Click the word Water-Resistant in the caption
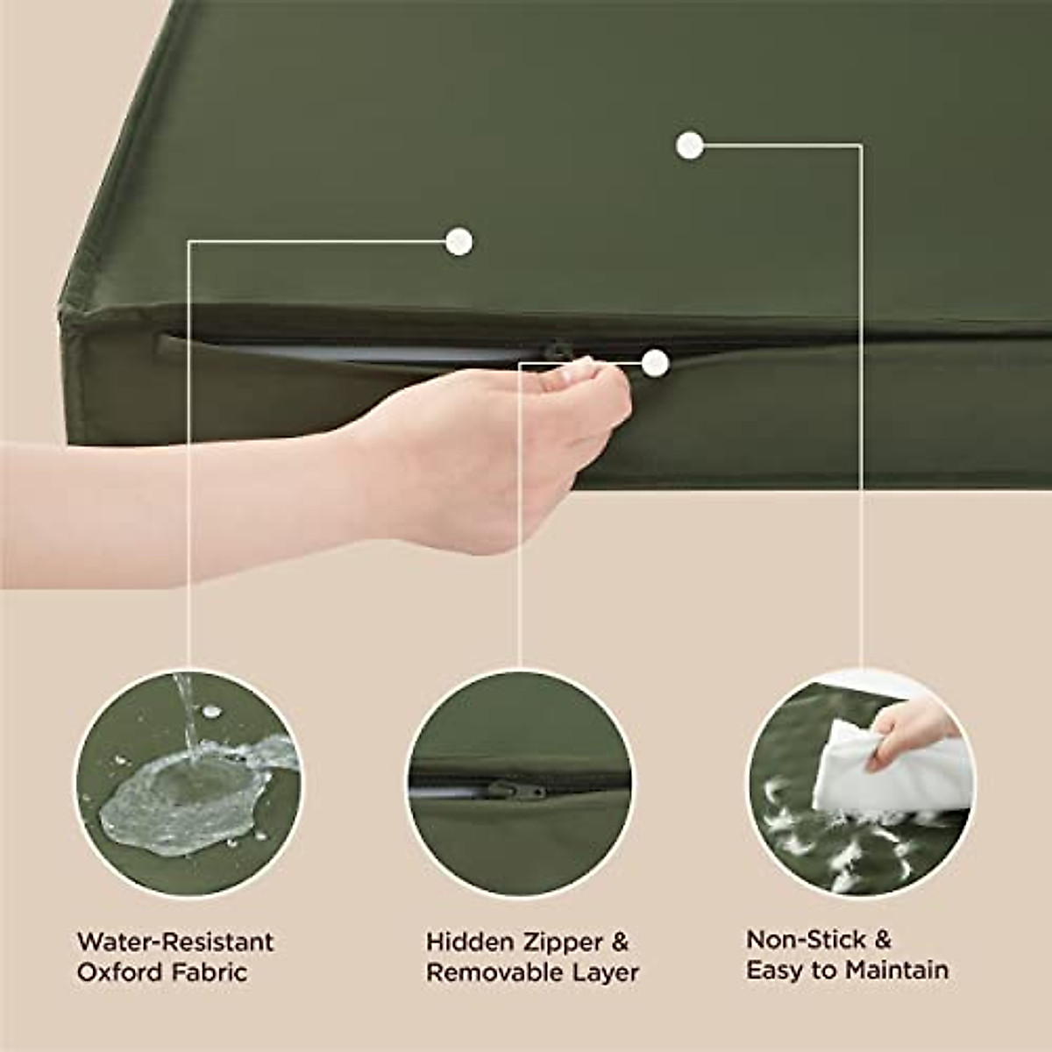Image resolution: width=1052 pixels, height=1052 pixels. pos(175,942)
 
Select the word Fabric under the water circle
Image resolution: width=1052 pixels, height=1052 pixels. pos(209,971)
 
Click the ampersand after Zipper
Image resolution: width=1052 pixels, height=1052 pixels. pos(620,942)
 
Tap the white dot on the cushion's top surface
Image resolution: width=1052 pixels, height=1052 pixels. pos(690,146)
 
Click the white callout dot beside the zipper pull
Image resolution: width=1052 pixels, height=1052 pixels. pos(655,362)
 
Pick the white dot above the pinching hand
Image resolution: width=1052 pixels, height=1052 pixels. pos(458,241)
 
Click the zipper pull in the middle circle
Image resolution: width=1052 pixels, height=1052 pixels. pos(517,790)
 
